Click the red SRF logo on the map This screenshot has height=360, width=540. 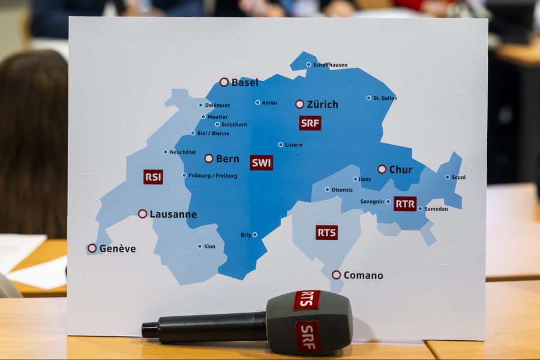point(310,123)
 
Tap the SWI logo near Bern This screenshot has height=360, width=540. point(262,163)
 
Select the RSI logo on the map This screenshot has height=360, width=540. point(153,177)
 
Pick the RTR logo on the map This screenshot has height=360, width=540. point(405,204)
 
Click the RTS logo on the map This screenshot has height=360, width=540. point(326,233)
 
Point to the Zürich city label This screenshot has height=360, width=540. point(322,104)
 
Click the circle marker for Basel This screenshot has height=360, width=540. point(224,82)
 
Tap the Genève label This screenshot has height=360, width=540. point(118,248)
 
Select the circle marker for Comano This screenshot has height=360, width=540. point(336,275)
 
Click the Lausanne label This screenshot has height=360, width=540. point(173,214)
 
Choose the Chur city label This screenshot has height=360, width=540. point(401,170)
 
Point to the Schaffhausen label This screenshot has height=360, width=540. point(330,65)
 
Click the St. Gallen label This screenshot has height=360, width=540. point(385,98)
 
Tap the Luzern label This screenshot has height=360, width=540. point(294,145)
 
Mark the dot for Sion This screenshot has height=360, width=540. point(200,246)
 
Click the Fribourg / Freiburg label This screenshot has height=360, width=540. point(213,176)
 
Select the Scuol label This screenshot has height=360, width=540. point(458,178)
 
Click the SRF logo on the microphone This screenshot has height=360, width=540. point(308,336)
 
